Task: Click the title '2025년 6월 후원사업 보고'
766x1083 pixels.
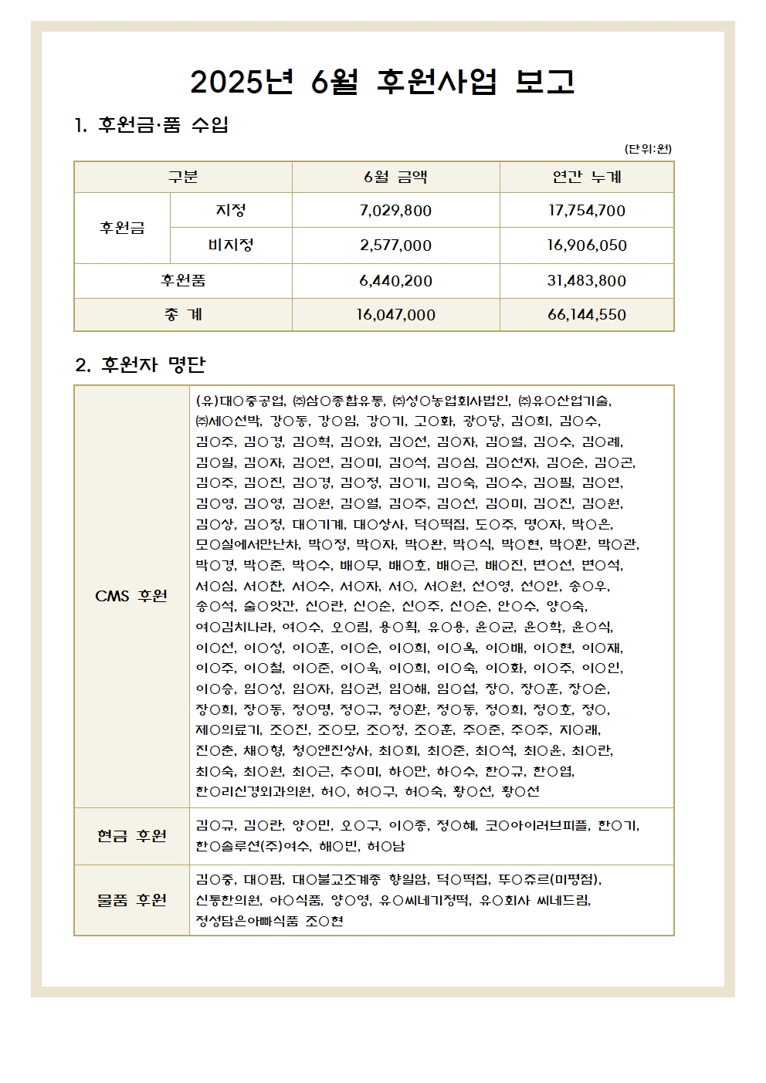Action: (x=382, y=81)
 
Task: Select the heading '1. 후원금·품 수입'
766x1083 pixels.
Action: (x=151, y=125)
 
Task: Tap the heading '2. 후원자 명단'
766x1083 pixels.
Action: (x=141, y=364)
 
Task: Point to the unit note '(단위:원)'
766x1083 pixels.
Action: (x=648, y=149)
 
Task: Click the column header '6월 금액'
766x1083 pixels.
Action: (x=395, y=177)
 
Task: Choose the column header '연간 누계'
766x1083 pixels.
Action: (x=587, y=177)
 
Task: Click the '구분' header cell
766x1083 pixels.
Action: (x=183, y=177)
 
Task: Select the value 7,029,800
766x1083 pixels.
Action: (x=395, y=211)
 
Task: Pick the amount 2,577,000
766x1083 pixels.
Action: (x=395, y=245)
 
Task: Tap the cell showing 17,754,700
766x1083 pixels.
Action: (x=587, y=211)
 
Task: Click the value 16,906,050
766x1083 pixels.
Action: (x=587, y=245)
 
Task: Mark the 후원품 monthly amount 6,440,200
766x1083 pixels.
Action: (x=395, y=281)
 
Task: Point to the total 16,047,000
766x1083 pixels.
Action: (x=395, y=315)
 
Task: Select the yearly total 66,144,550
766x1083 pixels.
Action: (x=587, y=315)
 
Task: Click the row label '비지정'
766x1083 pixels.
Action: (x=231, y=245)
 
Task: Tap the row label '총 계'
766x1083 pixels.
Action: (x=183, y=315)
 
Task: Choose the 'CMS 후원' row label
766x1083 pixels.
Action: (x=131, y=596)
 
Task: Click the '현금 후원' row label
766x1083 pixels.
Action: (x=131, y=836)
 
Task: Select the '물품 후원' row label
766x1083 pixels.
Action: (x=131, y=900)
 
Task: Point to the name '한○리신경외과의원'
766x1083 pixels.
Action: (x=255, y=791)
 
